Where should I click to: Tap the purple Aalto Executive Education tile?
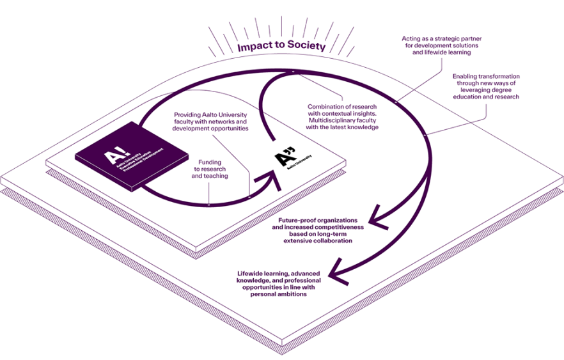(x=132, y=160)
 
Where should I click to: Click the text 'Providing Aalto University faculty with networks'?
(x=210, y=118)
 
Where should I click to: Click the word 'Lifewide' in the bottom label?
(x=252, y=273)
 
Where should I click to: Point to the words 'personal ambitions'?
(x=279, y=294)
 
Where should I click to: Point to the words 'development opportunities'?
(x=210, y=129)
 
